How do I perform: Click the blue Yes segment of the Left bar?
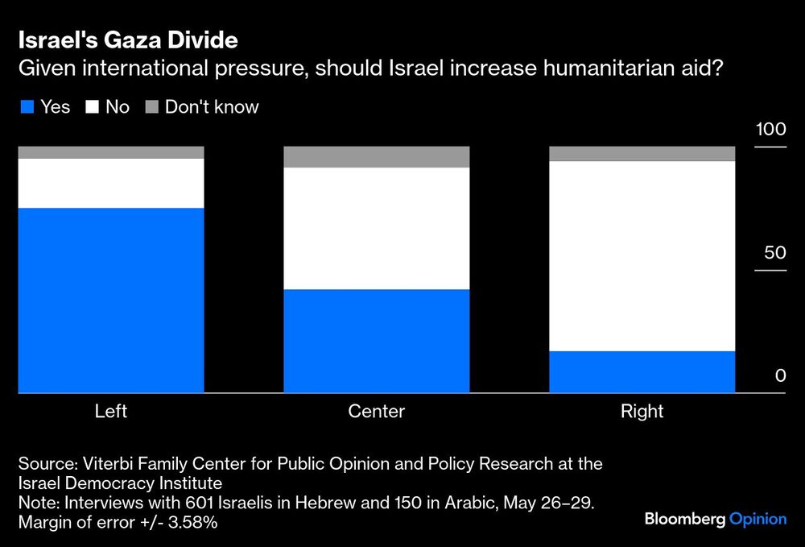[x=111, y=300]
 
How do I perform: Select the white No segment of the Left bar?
[x=111, y=183]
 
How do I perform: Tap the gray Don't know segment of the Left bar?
[x=111, y=152]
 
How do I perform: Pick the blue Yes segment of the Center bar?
[x=377, y=341]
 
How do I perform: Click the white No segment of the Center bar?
[x=377, y=228]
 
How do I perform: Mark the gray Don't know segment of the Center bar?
[x=377, y=157]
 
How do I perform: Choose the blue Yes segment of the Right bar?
[x=642, y=371]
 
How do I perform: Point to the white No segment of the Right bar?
[x=642, y=255]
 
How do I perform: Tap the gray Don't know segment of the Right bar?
[x=642, y=154]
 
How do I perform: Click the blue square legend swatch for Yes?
[x=27, y=107]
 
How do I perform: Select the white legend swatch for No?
[x=91, y=107]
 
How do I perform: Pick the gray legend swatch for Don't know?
[x=151, y=107]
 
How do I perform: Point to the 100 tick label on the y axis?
[x=770, y=131]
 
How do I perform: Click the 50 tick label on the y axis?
[x=774, y=253]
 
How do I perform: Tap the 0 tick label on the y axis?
[x=780, y=375]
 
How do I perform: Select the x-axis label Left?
[x=111, y=412]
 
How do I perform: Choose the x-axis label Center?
[x=377, y=412]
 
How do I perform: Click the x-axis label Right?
[x=642, y=412]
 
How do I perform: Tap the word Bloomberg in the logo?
[x=684, y=519]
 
